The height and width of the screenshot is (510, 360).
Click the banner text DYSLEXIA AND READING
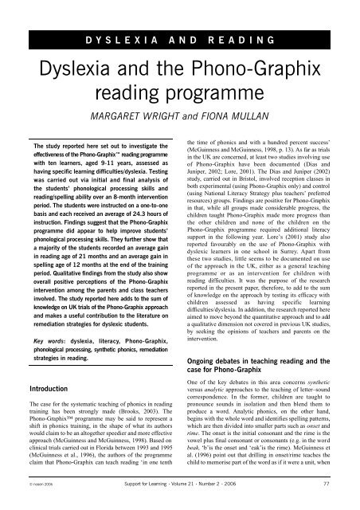(179, 40)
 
